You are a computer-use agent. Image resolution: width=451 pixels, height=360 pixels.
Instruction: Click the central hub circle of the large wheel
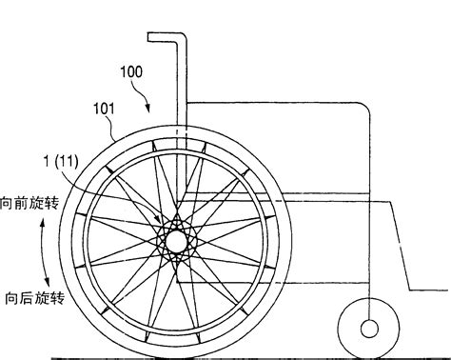pyautogui.click(x=176, y=242)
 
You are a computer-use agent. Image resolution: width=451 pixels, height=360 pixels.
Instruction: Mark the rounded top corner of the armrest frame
pyautogui.click(x=363, y=108)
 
